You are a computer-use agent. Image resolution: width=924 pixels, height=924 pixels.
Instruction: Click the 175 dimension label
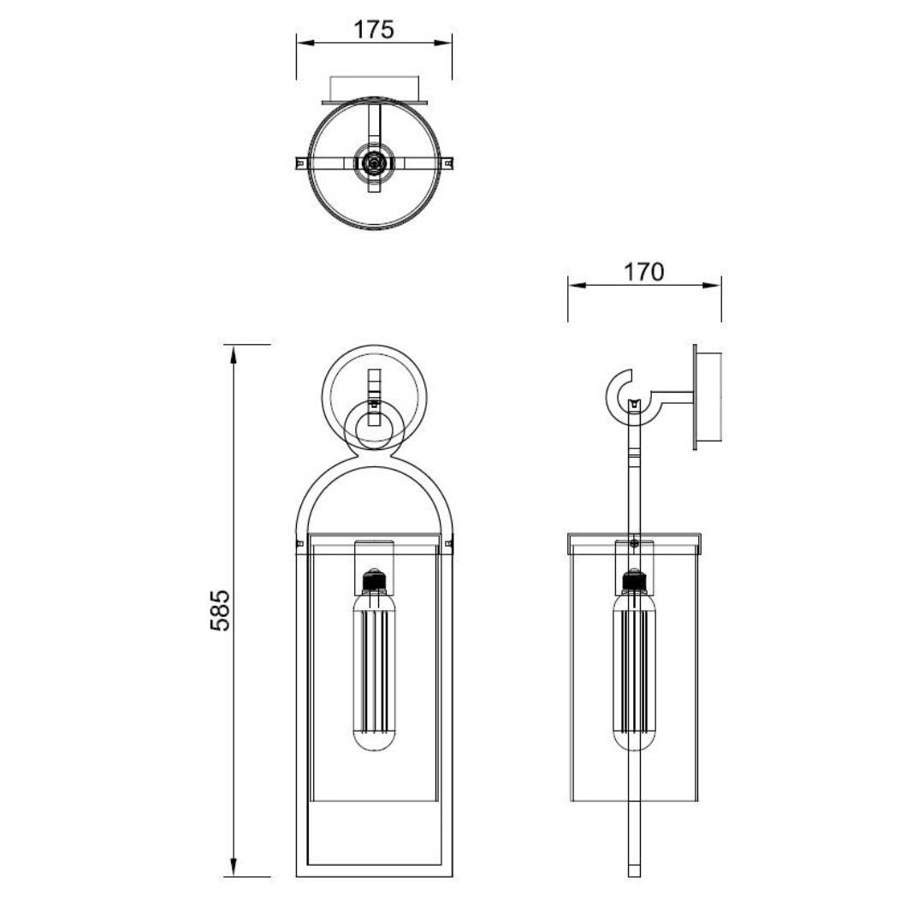(374, 29)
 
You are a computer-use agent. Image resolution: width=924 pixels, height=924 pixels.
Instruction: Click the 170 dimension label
(643, 272)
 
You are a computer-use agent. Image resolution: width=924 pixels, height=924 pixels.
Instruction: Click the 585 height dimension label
(220, 610)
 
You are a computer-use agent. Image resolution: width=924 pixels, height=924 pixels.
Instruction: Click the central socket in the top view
(374, 161)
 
